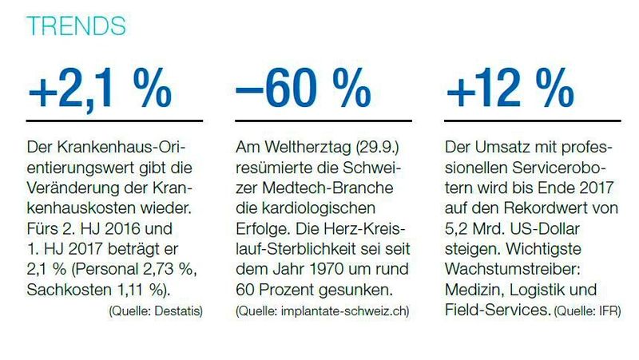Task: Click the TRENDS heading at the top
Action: point(76,25)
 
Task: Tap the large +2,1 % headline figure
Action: point(100,92)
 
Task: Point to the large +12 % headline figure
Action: point(510,92)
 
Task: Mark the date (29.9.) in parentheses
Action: point(363,149)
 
